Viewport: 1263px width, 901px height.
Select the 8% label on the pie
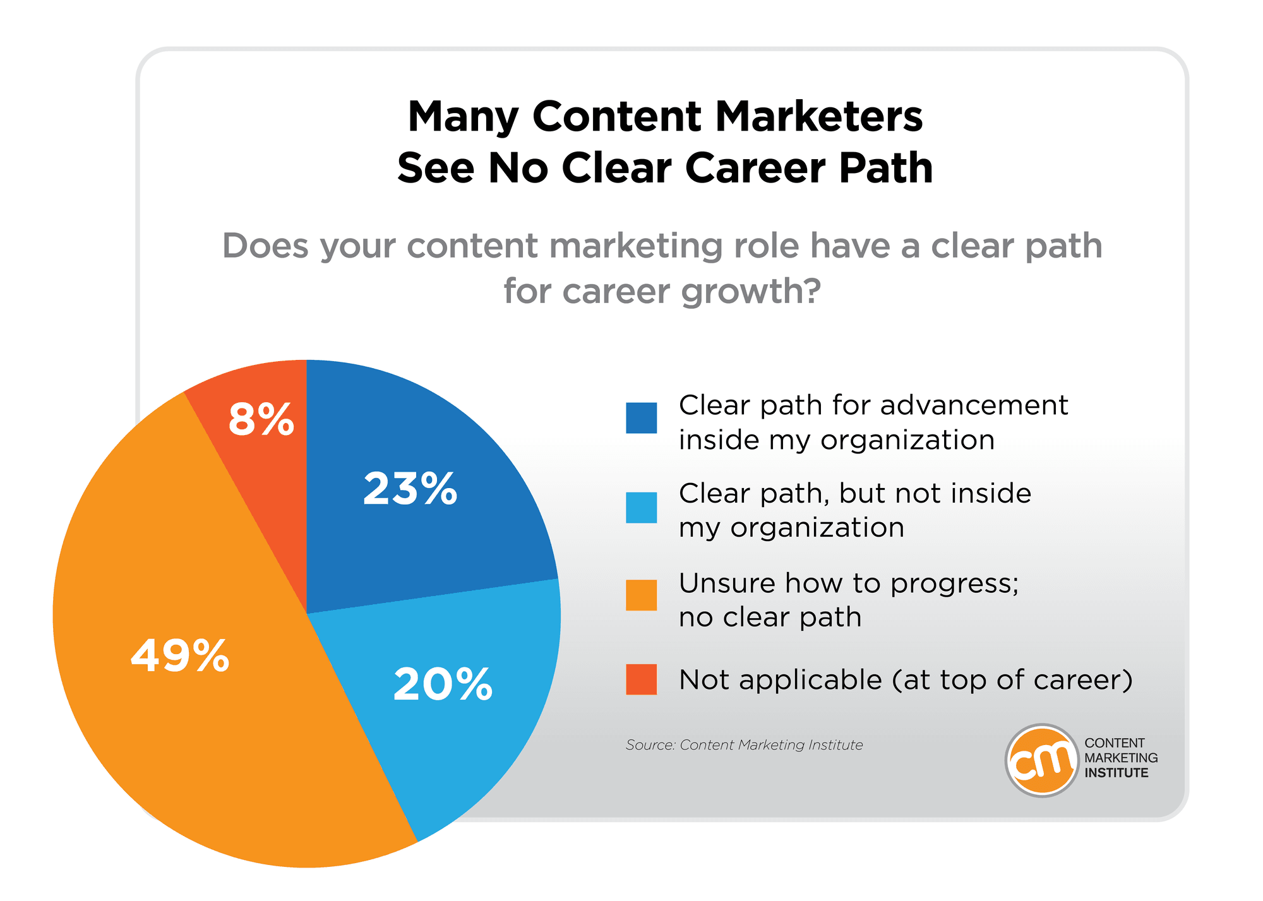tap(261, 419)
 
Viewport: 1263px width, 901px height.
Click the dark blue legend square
tap(641, 418)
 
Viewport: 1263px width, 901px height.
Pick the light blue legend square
tap(641, 508)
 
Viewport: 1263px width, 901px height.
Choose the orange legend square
tap(641, 595)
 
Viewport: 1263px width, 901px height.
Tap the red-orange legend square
tap(641, 679)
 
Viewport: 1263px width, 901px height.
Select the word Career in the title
tap(755, 168)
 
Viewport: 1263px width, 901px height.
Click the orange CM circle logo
tap(1041, 760)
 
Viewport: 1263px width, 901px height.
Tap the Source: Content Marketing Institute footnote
tap(744, 745)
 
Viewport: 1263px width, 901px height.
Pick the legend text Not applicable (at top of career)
tap(906, 680)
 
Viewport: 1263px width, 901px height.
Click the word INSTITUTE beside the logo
tap(1116, 773)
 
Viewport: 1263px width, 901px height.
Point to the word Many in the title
tap(463, 117)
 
